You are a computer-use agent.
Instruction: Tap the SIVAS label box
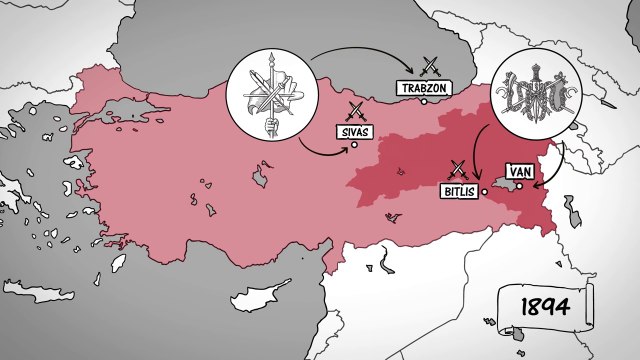pos(355,130)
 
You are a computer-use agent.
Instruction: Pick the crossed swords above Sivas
pos(355,111)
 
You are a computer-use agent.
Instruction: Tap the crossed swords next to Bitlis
pos(459,169)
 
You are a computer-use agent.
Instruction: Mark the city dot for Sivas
pos(354,145)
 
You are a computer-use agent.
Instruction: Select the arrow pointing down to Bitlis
pos(476,160)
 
